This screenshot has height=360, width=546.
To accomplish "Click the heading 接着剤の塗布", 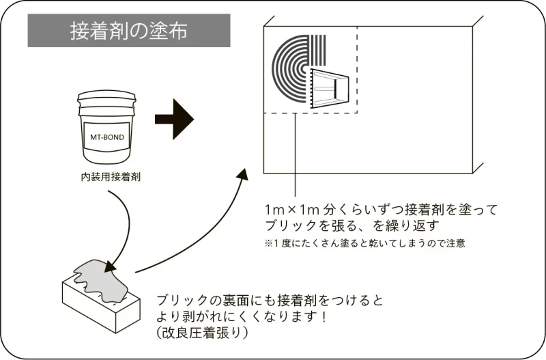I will tap(129, 31).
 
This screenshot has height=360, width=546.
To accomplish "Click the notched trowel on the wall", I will tap(330, 88).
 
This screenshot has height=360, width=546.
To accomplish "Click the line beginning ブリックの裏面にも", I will tap(270, 301).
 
